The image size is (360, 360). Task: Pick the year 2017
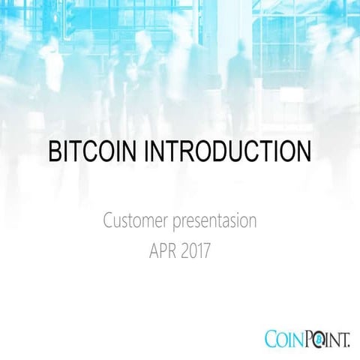tap(196, 249)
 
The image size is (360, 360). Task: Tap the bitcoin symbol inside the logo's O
tap(318, 338)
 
